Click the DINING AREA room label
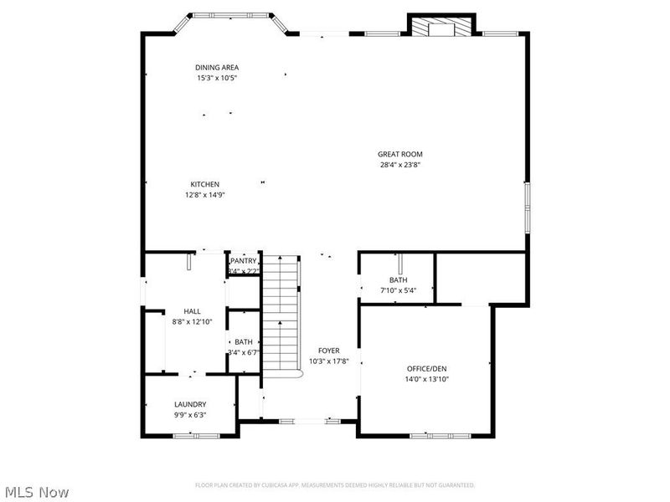(x=217, y=67)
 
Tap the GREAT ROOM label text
(x=399, y=154)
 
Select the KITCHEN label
(x=204, y=184)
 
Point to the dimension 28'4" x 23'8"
(x=399, y=165)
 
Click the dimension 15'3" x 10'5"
(x=217, y=78)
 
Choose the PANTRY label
(x=244, y=261)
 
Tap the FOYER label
(x=328, y=351)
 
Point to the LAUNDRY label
(x=190, y=404)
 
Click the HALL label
(x=192, y=311)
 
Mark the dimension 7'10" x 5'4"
(x=397, y=290)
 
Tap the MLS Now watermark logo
(x=36, y=492)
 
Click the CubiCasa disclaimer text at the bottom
(x=335, y=484)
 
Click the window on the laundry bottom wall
(x=196, y=435)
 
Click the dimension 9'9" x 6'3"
(x=190, y=414)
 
